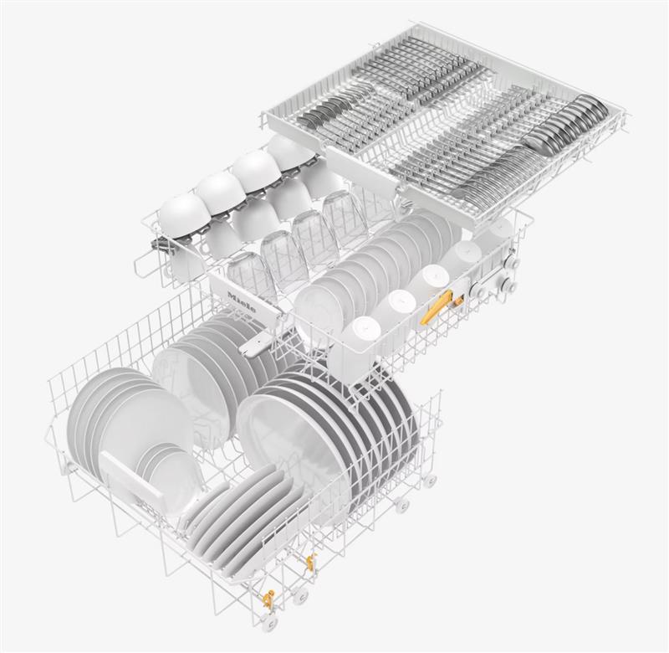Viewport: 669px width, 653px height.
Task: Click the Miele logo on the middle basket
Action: [x=243, y=302]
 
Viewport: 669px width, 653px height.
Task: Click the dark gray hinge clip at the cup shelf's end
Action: [x=161, y=246]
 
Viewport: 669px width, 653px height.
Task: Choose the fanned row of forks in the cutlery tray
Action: [x=492, y=174]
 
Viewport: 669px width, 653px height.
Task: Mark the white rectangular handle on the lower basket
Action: [x=131, y=481]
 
